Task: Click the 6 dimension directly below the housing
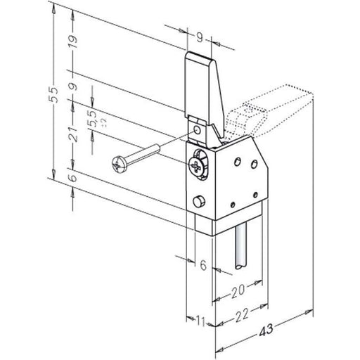tap(203, 265)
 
